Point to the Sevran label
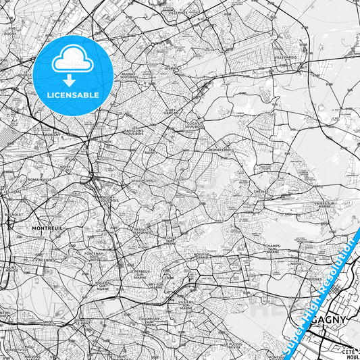click(x=170, y=69)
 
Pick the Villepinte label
click(x=179, y=13)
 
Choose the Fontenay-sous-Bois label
click(x=93, y=254)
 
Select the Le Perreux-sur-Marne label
click(x=138, y=273)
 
